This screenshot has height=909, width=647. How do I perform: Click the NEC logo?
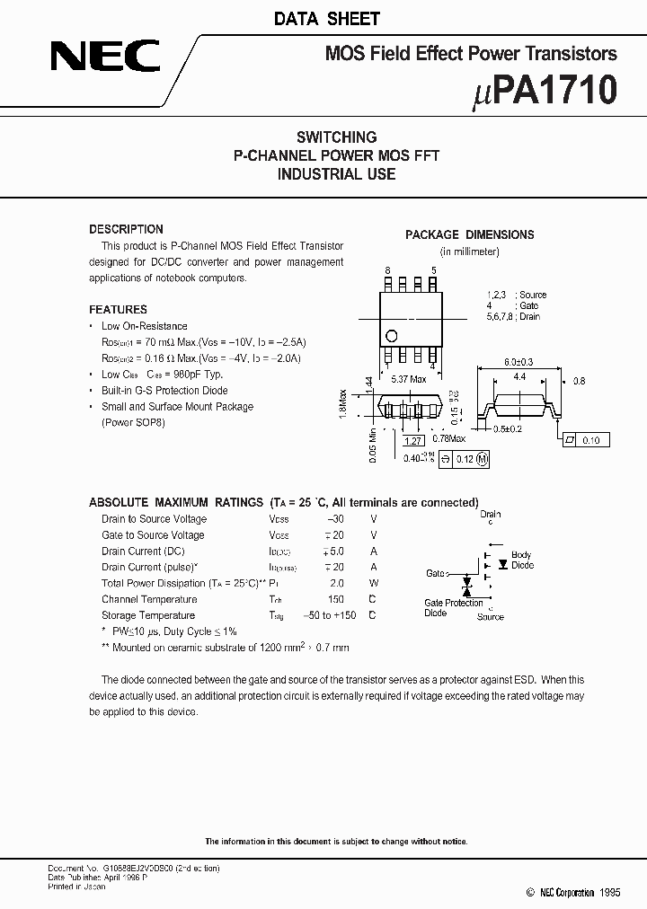(105, 58)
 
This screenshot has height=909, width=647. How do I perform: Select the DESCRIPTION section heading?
(126, 229)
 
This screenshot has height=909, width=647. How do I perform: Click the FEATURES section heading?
(118, 309)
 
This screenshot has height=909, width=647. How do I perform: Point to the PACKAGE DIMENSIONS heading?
(469, 234)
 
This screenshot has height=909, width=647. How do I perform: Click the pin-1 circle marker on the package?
(391, 336)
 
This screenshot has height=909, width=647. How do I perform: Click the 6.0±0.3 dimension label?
(519, 361)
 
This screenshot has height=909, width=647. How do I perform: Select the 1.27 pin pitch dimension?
(412, 441)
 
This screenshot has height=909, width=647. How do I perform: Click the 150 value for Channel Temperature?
(336, 599)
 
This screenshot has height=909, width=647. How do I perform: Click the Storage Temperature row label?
(148, 615)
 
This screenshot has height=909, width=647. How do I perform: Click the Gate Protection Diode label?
(453, 608)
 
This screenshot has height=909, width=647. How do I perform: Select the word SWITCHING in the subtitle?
(336, 137)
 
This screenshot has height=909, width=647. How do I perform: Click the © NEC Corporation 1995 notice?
(572, 893)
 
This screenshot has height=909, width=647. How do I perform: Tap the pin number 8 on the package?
(388, 270)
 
